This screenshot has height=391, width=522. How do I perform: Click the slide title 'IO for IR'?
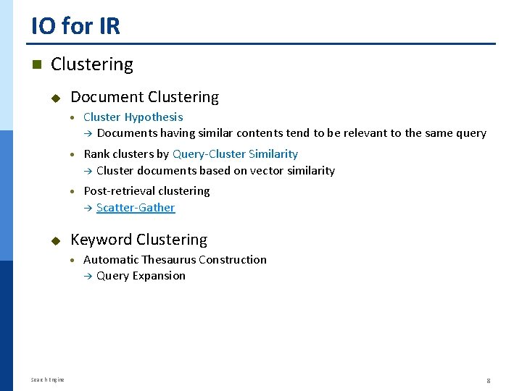coord(75,26)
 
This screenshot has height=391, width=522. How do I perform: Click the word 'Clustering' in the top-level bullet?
coord(92,64)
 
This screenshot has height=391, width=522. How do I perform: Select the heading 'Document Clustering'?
coord(144,97)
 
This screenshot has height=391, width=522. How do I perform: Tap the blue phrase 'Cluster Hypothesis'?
coord(133,117)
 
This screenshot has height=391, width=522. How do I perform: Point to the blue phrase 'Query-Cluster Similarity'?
coord(235,154)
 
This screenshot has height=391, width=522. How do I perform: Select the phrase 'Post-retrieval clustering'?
coord(146,191)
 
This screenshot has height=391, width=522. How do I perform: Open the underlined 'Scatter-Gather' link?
coord(136,208)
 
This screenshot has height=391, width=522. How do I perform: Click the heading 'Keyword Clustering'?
coord(138,240)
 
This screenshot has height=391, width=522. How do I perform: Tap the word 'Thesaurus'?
coord(168,259)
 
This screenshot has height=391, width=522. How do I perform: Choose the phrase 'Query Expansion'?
coord(141,276)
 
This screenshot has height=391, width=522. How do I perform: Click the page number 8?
coord(489,380)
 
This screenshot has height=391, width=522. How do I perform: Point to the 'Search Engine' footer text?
coord(48,380)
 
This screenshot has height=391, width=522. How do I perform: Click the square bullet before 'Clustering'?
coord(36,64)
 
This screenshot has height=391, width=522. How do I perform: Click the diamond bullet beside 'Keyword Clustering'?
coord(55,240)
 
